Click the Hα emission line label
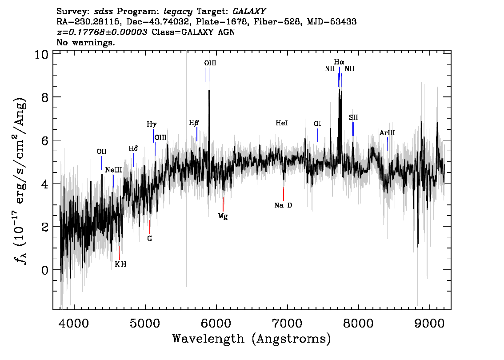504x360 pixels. click(339, 62)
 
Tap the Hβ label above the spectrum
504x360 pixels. click(194, 123)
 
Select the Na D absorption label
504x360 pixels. click(283, 205)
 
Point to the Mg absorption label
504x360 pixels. click(223, 216)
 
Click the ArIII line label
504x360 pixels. click(387, 132)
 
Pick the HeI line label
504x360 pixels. click(282, 123)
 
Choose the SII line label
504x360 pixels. click(353, 117)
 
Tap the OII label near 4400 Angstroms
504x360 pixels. click(101, 152)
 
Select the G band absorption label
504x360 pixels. click(150, 238)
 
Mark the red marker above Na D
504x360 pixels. click(284, 194)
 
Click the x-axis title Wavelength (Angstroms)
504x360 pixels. click(252, 339)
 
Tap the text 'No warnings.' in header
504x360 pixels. click(86, 43)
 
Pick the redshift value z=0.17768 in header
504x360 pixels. click(102, 32)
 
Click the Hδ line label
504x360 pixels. click(133, 148)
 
